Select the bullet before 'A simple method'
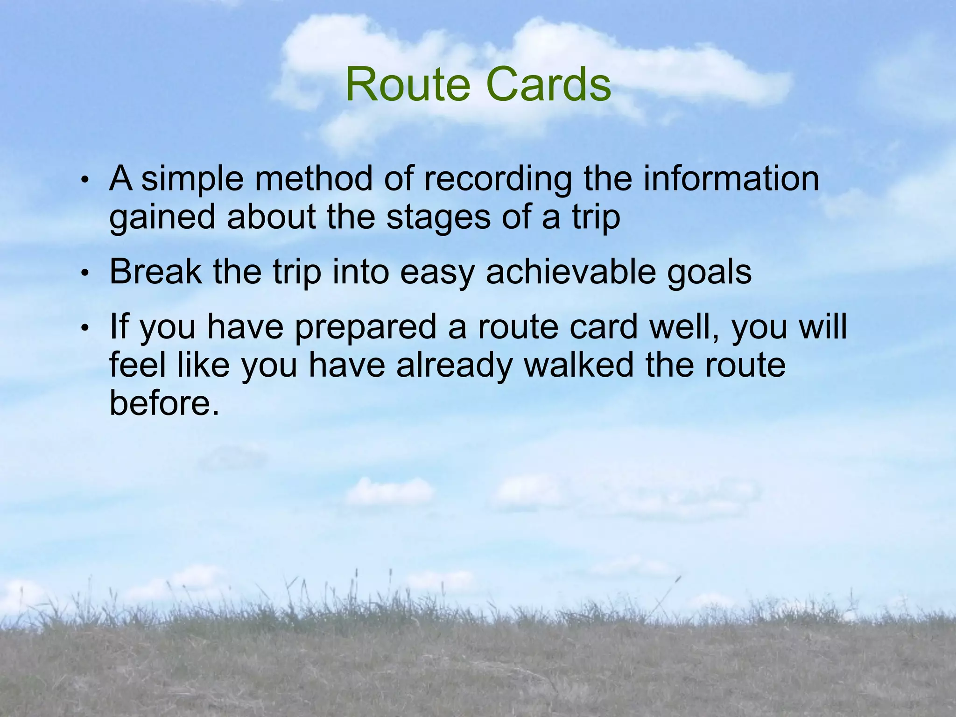click(84, 180)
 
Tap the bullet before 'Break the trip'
click(84, 273)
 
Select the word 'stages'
click(438, 218)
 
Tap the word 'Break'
click(155, 272)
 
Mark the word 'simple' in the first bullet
click(192, 180)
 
